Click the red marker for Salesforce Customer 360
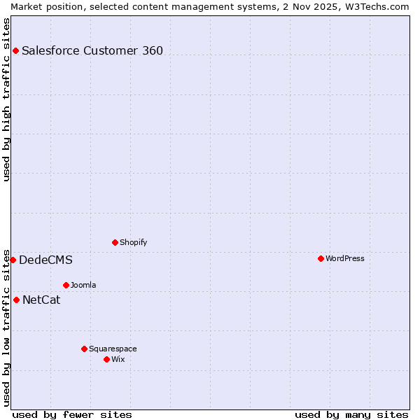coord(15,50)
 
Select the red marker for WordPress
coord(321,258)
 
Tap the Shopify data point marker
coord(115,242)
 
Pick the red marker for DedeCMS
coord(13,260)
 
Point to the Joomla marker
coord(66,285)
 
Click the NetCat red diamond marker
coord(16,300)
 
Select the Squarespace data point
coord(84,349)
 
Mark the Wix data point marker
coord(106,359)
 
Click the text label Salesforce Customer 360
coord(92,50)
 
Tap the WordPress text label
coord(344,258)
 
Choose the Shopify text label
coord(133,242)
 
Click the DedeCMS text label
coord(45,260)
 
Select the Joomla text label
coord(83,285)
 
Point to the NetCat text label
coord(41,300)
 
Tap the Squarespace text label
coord(113,349)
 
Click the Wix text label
coord(118,359)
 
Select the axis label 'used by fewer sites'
coord(72,414)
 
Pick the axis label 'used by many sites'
coord(351,414)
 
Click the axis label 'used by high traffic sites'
coord(6,99)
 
